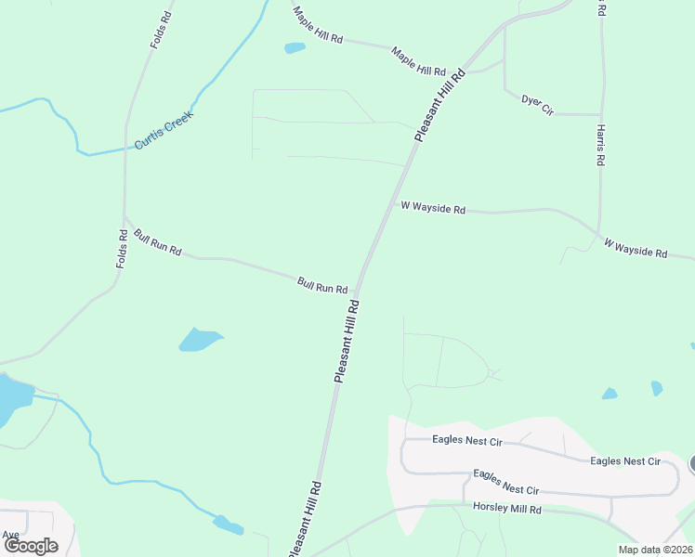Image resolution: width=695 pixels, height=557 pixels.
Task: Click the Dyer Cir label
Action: coord(537,104)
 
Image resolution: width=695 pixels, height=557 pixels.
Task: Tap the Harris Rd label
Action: coord(601,145)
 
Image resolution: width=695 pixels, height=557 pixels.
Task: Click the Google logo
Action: coord(31,546)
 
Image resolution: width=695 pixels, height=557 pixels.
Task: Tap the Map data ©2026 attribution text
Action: coord(655,550)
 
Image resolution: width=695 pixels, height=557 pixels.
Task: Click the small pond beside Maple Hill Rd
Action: coord(295,47)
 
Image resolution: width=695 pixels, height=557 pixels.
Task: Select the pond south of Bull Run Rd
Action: coord(199,340)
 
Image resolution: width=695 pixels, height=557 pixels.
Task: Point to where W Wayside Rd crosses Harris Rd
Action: coord(599,232)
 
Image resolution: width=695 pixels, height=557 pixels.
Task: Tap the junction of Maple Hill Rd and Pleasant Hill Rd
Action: coord(465,72)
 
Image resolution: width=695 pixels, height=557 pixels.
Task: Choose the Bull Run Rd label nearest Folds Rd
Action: coord(157,243)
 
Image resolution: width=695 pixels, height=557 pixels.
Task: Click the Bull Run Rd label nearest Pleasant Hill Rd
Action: coord(322,284)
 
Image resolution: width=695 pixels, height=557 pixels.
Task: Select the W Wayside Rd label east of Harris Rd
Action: coord(636,248)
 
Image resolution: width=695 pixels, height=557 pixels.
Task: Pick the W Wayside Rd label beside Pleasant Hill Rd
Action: coord(433,208)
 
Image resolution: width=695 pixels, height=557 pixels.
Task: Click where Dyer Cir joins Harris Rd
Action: coord(600,115)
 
